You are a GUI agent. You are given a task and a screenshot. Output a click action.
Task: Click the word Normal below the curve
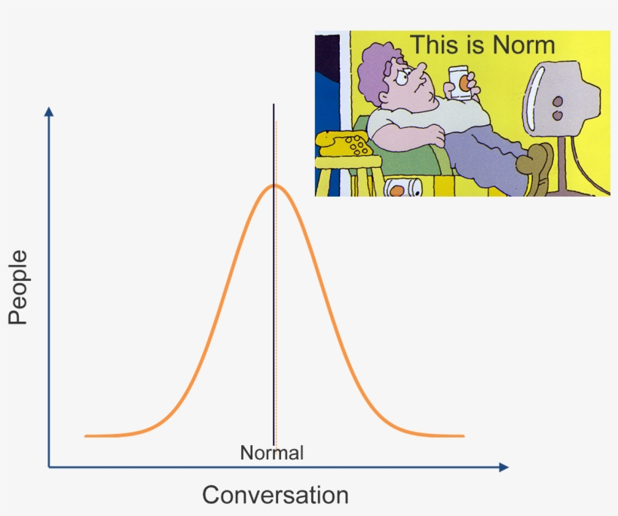(272, 453)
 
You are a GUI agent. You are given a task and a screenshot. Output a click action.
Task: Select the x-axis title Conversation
(275, 495)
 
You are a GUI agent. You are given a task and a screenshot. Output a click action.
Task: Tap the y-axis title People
(18, 287)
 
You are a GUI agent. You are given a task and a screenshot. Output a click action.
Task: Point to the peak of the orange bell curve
(274, 185)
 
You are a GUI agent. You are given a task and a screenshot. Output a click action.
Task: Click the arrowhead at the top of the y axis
(49, 111)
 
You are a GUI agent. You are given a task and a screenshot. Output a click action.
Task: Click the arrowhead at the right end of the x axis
(503, 467)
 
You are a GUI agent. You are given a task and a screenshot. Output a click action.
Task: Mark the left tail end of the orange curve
(86, 436)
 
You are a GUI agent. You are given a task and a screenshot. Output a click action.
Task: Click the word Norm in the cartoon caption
(524, 45)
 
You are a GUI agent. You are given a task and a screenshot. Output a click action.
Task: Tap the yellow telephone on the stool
(344, 143)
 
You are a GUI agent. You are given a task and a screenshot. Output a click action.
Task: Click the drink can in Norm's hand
(460, 83)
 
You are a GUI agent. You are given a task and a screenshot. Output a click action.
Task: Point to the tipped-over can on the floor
(402, 188)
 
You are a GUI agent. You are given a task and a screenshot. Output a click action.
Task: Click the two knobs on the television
(558, 108)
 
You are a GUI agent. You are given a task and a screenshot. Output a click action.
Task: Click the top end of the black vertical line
(274, 105)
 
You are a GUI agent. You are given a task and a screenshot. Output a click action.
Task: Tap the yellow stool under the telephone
(347, 176)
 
